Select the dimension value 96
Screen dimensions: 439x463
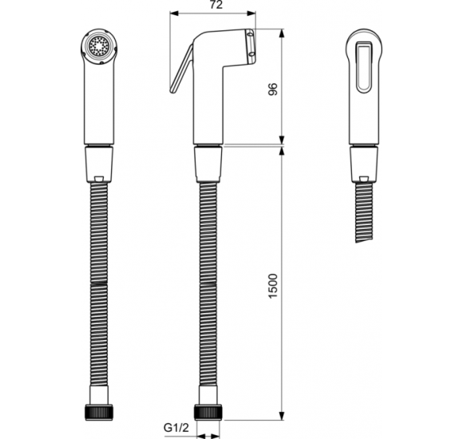coord(273,88)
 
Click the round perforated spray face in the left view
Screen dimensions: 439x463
coord(99,46)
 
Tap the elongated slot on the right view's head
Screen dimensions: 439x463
coord(364,64)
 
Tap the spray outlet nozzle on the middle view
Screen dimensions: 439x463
coord(250,45)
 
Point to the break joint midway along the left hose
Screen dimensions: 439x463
coord(99,282)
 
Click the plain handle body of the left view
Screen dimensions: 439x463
coord(99,104)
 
